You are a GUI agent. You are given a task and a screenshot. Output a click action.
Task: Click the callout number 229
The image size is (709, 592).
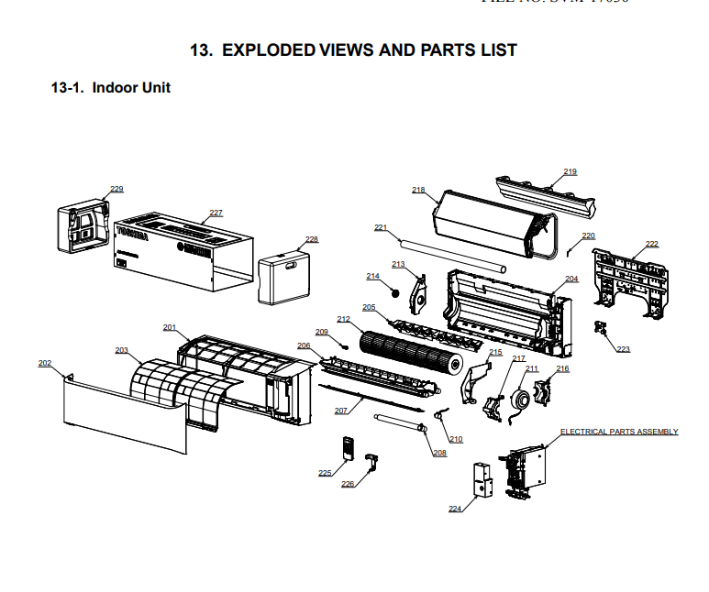116,190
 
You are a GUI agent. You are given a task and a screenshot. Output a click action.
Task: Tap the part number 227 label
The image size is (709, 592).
216,213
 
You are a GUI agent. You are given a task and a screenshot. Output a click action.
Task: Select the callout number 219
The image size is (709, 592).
571,172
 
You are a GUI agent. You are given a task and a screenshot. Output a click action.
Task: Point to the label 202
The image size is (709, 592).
45,363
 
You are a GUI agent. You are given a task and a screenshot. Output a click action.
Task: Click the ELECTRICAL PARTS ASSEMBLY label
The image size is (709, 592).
619,432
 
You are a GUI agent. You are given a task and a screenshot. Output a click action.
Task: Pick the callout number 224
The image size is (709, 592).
455,510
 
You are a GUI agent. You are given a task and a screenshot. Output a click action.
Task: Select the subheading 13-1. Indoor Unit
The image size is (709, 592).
111,88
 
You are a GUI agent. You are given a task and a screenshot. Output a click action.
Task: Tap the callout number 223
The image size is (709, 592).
624,349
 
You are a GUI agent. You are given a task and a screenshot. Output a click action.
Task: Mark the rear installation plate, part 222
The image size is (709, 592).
633,275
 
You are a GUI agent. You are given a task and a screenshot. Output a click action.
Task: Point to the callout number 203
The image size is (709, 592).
122,350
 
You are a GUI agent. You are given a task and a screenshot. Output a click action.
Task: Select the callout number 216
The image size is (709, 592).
562,369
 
